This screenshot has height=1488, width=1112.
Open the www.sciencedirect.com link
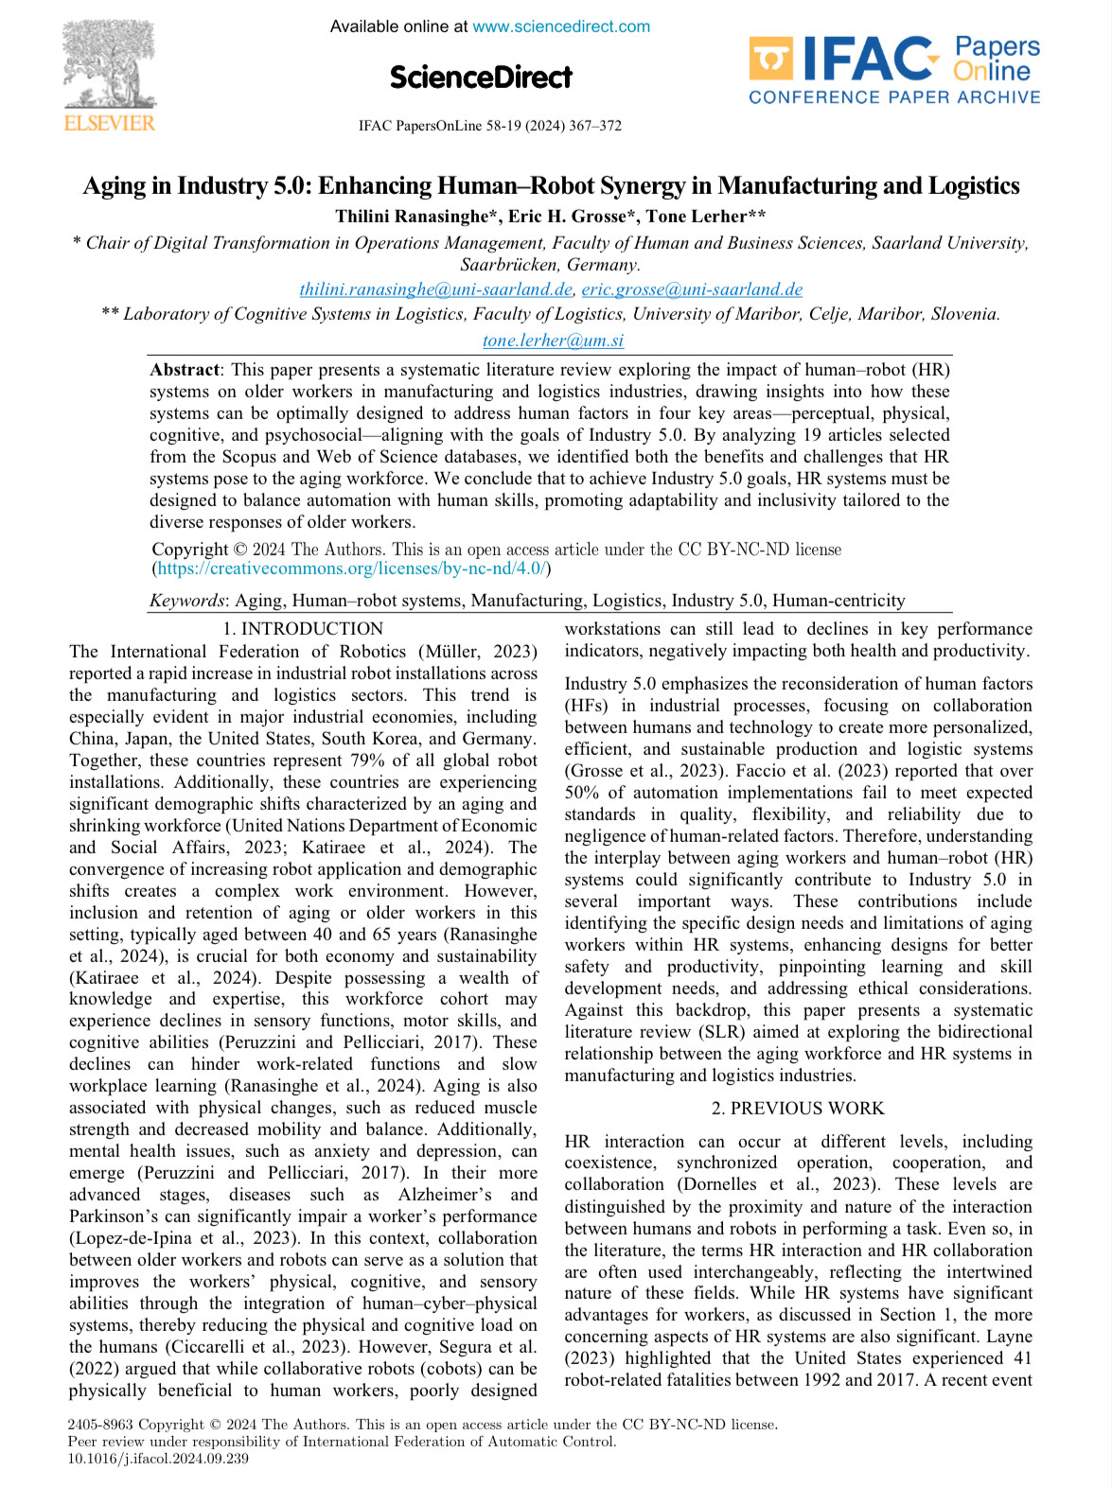click(561, 26)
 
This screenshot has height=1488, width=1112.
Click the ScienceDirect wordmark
click(481, 77)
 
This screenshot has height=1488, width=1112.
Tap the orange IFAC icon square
click(770, 59)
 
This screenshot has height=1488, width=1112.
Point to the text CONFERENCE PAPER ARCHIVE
click(893, 97)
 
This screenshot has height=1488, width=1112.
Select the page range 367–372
click(594, 126)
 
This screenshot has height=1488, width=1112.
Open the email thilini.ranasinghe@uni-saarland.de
click(435, 289)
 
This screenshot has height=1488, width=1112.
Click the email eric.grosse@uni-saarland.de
click(692, 289)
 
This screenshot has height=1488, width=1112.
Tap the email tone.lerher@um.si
click(553, 341)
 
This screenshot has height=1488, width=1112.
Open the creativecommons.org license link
click(351, 569)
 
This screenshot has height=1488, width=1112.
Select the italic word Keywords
click(187, 601)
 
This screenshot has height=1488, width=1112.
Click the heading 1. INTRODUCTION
click(303, 629)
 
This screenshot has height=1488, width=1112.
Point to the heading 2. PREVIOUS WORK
click(798, 1108)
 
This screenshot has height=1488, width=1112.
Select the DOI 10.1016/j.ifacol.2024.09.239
click(158, 1459)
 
